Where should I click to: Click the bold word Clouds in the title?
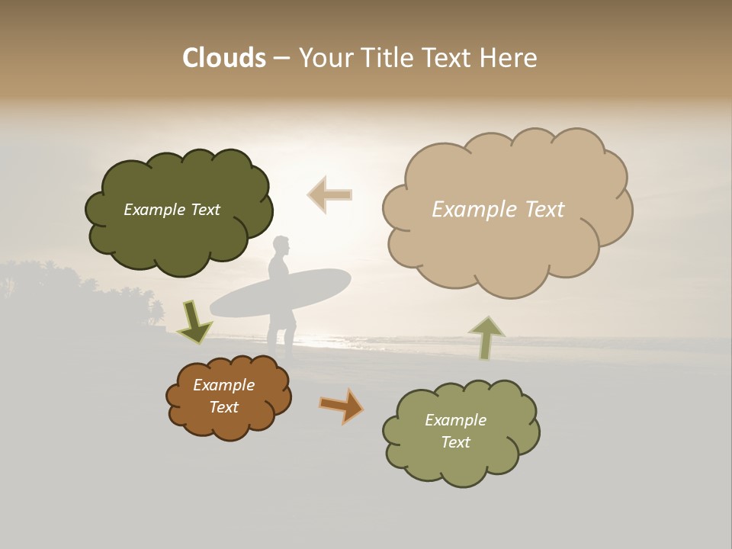click(x=223, y=58)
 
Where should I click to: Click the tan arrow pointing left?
click(x=329, y=194)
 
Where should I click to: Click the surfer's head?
click(x=281, y=246)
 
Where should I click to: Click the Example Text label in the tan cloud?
click(x=498, y=210)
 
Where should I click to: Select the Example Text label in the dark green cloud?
click(x=172, y=210)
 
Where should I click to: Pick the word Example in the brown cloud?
click(x=223, y=385)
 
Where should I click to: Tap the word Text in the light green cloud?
click(x=455, y=442)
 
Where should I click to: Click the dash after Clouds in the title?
click(x=281, y=59)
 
